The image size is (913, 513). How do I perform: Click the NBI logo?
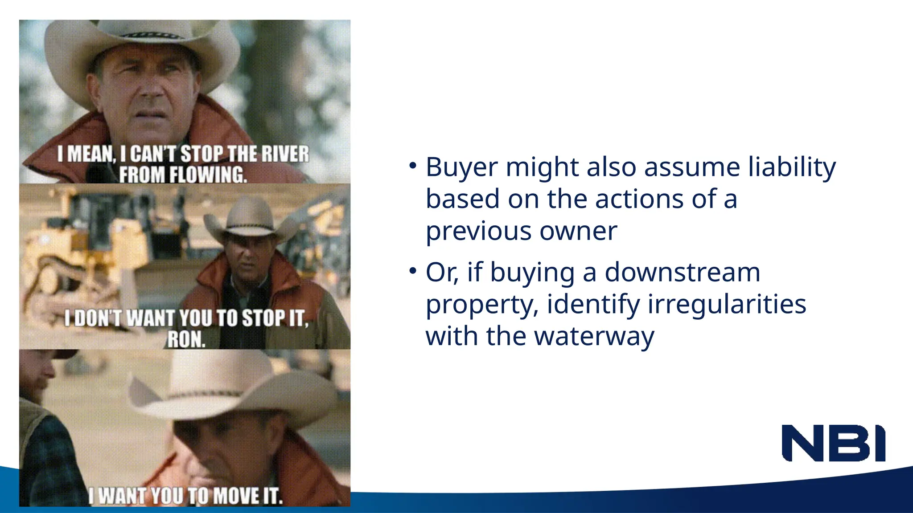[x=833, y=443]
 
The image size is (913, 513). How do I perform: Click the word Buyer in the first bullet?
[x=461, y=167]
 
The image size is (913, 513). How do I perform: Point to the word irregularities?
[x=727, y=304]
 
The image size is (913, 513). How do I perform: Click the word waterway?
[x=594, y=336]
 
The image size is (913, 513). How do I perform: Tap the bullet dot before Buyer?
[x=413, y=166]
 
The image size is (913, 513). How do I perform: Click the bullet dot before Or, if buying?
[x=413, y=270]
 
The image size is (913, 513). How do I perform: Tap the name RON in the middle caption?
[x=186, y=340]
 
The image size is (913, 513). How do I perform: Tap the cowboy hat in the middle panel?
[x=250, y=220]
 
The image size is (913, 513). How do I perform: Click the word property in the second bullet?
[x=481, y=305]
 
